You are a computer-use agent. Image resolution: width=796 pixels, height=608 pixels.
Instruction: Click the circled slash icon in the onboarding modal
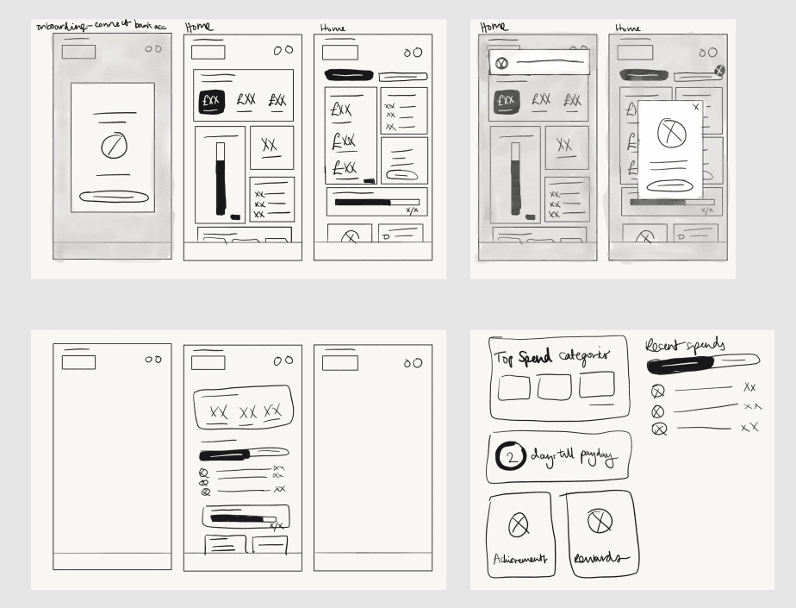coord(112,146)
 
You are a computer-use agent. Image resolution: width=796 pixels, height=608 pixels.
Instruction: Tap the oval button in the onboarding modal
coord(113,197)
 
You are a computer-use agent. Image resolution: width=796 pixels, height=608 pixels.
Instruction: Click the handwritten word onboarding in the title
coord(60,26)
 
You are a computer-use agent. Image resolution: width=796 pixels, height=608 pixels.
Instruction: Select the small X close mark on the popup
coord(696,106)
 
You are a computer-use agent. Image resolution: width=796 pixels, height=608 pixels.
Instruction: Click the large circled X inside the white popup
coord(671,133)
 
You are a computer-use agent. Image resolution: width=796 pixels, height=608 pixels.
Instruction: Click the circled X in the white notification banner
coord(502,63)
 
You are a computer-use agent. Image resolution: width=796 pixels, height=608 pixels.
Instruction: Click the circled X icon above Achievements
coord(519,523)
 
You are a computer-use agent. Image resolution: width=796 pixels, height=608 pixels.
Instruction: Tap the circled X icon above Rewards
coord(600,520)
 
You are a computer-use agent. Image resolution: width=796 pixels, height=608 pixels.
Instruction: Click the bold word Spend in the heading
coord(535,357)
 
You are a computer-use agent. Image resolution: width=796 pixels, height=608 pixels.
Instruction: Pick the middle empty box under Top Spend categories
coord(554,387)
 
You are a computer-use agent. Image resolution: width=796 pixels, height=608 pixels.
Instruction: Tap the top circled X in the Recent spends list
coord(659,391)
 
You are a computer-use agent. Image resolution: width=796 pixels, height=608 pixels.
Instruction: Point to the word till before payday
coord(561,455)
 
